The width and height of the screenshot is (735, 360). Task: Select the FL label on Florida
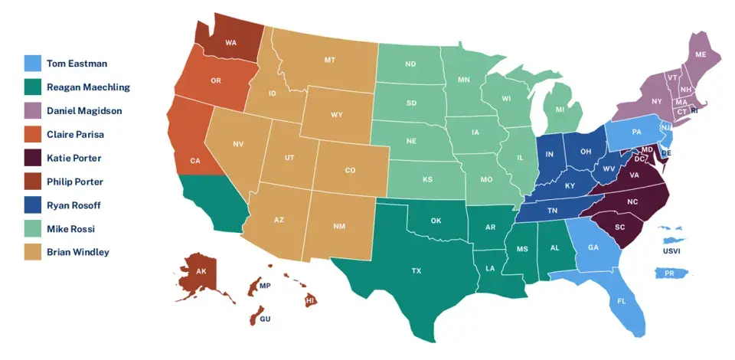point(621,301)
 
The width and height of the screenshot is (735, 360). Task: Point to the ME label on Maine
point(701,55)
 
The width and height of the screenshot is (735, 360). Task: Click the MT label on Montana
point(330,60)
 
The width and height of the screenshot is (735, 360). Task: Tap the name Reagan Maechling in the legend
point(89,87)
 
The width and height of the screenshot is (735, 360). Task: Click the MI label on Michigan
point(560,110)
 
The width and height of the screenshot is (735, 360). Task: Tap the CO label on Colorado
point(350,170)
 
